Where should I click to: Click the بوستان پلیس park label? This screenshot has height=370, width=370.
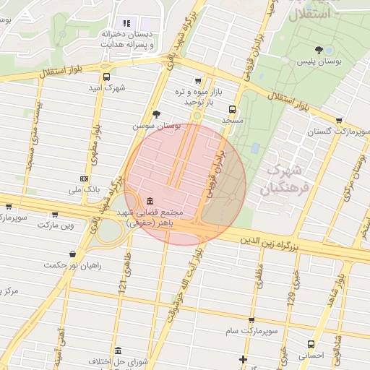319,63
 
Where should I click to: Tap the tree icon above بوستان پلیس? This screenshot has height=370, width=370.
319,50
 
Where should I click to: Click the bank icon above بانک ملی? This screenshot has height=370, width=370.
85,178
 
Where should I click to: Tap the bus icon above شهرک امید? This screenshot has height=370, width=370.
107,76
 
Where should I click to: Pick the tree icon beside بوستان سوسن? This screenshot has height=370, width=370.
156,113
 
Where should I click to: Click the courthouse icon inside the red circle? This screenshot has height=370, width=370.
149,200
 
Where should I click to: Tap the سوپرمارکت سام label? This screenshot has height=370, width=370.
250,330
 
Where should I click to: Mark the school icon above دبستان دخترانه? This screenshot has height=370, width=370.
127,23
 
